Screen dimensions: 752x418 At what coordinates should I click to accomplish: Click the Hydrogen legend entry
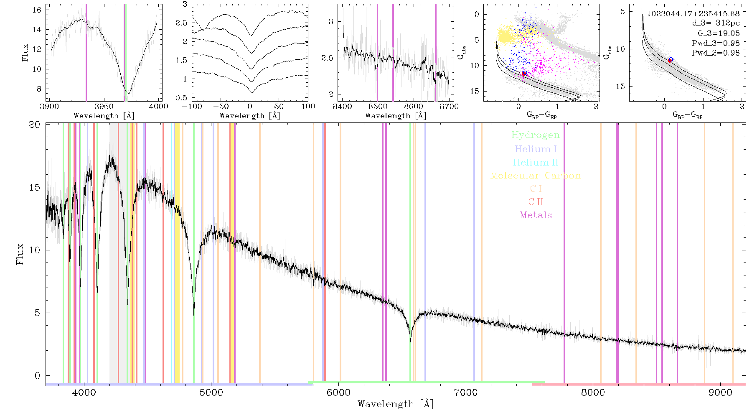[x=535, y=135]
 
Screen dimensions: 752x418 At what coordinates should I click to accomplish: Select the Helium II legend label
[x=536, y=162]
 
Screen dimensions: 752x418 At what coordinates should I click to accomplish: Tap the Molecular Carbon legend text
[x=536, y=176]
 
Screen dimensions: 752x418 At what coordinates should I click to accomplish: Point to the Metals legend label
[x=536, y=215]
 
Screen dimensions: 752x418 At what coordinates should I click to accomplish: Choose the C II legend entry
[x=536, y=202]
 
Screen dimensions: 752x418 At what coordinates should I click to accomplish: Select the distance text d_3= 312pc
[x=716, y=23]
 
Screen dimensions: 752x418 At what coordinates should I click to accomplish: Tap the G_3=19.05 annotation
[x=719, y=33]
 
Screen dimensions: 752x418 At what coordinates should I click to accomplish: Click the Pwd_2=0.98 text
[x=716, y=53]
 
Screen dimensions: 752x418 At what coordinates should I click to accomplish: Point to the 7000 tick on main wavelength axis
[x=465, y=393]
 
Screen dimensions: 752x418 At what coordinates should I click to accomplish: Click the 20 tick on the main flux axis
[x=34, y=125]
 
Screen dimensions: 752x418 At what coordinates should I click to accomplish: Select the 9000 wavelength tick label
[x=720, y=393]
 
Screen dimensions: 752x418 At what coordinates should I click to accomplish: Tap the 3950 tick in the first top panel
[x=104, y=107]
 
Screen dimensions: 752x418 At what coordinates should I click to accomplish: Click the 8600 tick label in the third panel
[x=414, y=107]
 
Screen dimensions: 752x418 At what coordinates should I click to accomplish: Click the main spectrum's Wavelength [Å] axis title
[x=396, y=404]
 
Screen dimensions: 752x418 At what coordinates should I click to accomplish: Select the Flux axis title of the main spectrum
[x=20, y=254]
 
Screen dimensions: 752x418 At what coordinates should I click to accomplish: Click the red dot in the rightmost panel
[x=670, y=61]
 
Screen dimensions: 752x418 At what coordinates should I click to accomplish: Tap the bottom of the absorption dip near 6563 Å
[x=410, y=342]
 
